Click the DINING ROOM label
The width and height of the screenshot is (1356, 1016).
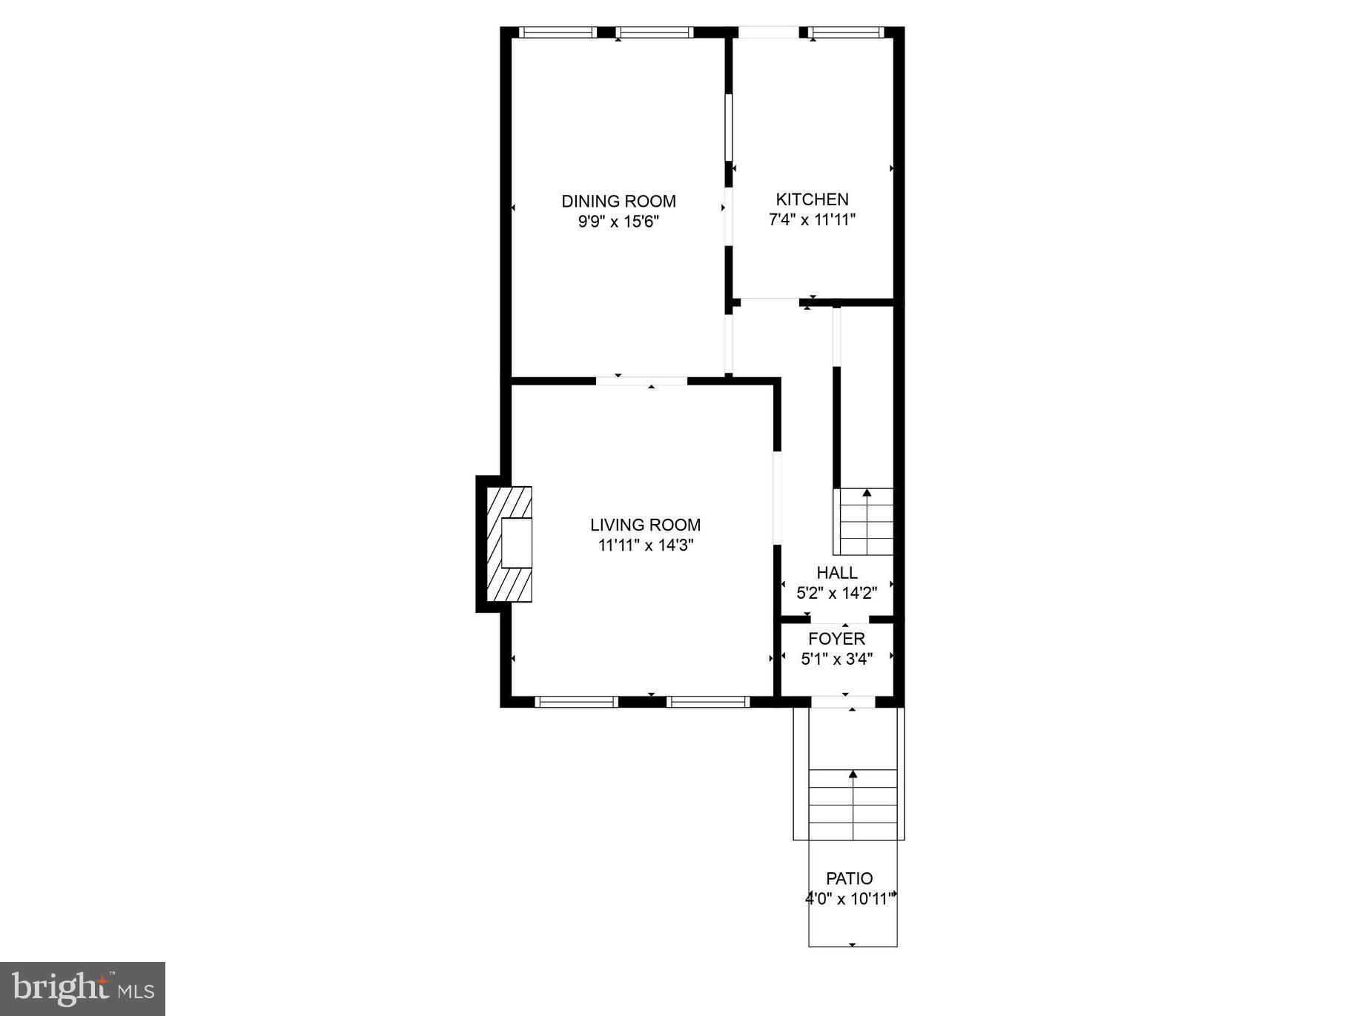tap(618, 201)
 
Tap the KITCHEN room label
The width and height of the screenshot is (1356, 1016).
tap(812, 199)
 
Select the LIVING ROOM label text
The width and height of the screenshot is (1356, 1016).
tap(645, 525)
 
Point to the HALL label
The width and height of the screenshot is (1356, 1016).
tap(837, 572)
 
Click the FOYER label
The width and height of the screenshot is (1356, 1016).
tap(836, 638)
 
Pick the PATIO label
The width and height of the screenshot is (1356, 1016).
tap(850, 878)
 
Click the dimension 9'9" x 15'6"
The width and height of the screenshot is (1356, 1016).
tap(618, 222)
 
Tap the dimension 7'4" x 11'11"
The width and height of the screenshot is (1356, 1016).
tap(812, 219)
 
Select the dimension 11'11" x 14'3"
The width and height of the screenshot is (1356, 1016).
tap(645, 545)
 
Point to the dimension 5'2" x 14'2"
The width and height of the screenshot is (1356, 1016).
tap(837, 593)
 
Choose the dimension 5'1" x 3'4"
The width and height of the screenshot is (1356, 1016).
tap(836, 658)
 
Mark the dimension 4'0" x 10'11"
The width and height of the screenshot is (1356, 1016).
tap(851, 899)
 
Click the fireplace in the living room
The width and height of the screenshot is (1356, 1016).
tap(509, 544)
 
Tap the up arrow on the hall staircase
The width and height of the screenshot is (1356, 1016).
tap(867, 493)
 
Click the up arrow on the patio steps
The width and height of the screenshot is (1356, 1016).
tap(853, 775)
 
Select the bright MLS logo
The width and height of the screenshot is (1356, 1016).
tap(82, 989)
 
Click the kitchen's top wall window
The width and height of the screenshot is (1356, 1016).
tap(846, 32)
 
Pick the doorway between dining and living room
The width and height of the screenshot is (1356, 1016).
tap(642, 381)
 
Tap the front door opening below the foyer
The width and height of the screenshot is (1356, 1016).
tap(842, 701)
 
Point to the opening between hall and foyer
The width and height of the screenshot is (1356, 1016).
tap(839, 619)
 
